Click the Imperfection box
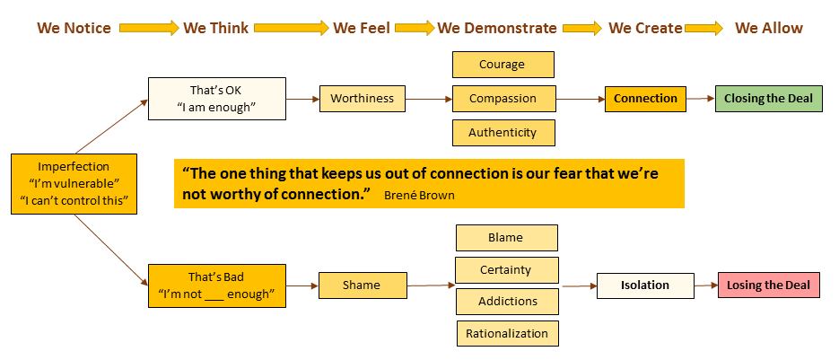(74, 183)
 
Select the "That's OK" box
(215, 98)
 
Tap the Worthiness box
(362, 98)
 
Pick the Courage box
(503, 65)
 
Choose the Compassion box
(503, 98)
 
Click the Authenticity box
(503, 132)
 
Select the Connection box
(645, 98)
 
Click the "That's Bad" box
(216, 285)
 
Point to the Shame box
(361, 285)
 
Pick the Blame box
(506, 237)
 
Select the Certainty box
(506, 269)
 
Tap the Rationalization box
(507, 333)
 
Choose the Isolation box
(645, 285)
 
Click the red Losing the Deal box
(768, 285)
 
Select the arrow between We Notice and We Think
(148, 28)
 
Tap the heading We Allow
(769, 28)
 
